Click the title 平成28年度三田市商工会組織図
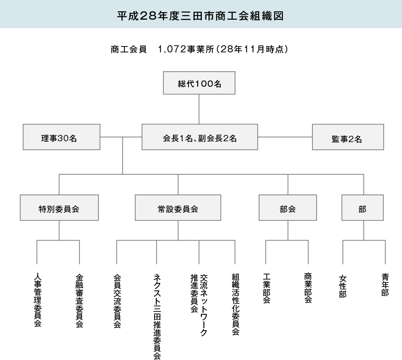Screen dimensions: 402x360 (200, 16)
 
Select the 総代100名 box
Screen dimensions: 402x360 (199, 83)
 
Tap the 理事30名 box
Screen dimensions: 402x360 (62, 137)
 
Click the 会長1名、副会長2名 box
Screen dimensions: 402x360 (200, 137)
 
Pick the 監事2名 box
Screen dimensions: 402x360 (348, 137)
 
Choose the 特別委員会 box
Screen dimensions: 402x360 (59, 207)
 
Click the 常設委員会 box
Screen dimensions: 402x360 (178, 207)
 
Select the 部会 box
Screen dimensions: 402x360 (288, 207)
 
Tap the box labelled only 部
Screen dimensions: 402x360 (363, 207)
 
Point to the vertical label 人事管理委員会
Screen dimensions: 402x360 (38, 300)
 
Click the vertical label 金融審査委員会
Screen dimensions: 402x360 (80, 300)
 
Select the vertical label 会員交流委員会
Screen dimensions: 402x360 (117, 301)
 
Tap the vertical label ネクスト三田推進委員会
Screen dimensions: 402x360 (157, 316)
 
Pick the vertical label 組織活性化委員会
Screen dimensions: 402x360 (236, 304)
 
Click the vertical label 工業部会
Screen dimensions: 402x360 (267, 288)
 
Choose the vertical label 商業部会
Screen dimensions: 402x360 (308, 287)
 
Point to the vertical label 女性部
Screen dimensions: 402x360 (343, 286)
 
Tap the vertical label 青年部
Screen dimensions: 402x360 (385, 285)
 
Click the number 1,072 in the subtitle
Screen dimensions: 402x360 (172, 49)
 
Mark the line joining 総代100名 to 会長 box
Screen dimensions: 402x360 (199, 109)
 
